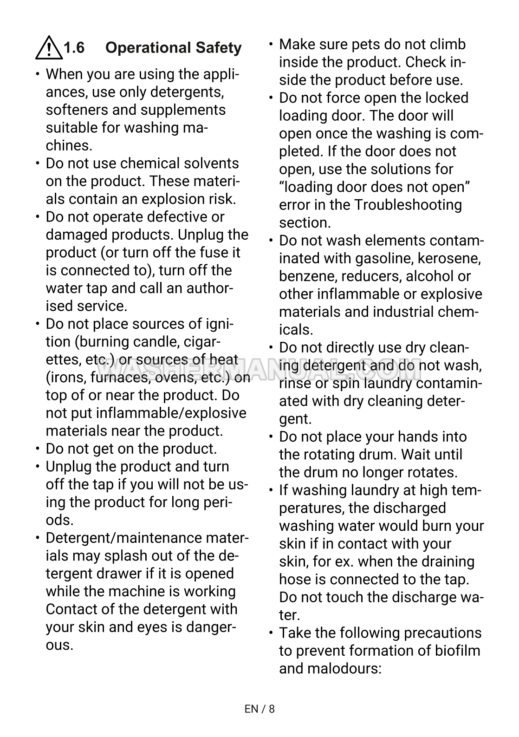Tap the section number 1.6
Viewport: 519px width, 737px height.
click(x=74, y=48)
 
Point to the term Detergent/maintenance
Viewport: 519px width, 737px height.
click(x=124, y=538)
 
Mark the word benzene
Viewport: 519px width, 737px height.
click(x=308, y=276)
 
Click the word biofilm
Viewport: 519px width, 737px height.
click(x=457, y=651)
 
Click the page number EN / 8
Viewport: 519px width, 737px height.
click(x=259, y=709)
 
